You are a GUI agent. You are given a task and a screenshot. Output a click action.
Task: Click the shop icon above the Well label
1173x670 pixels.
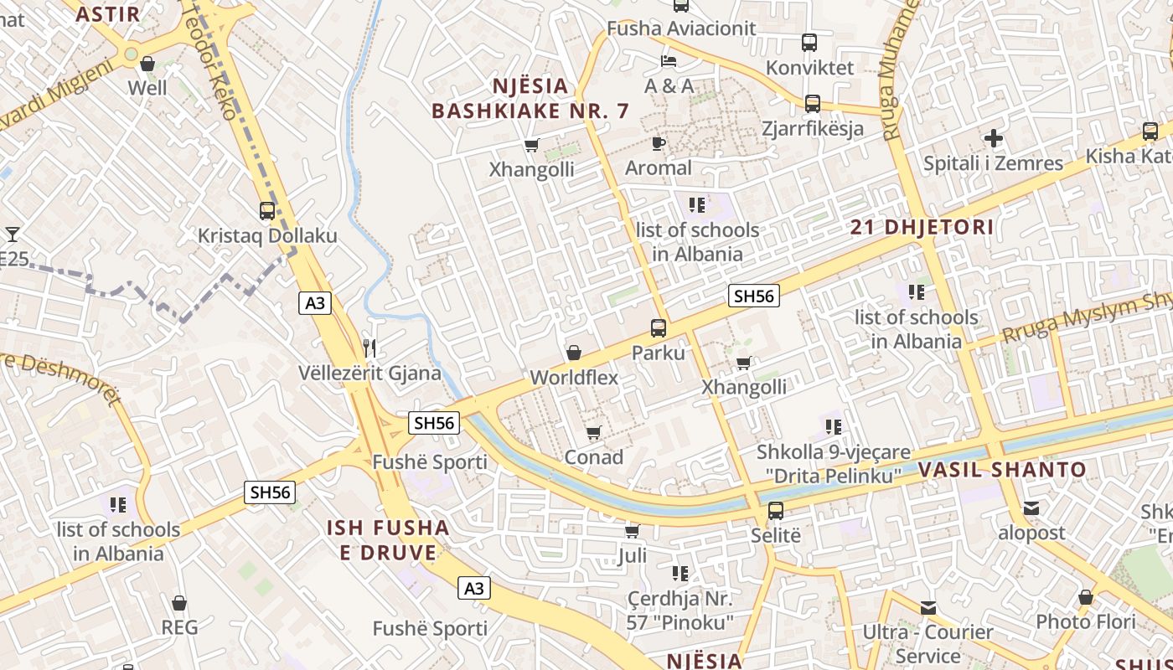pyautogui.click(x=147, y=64)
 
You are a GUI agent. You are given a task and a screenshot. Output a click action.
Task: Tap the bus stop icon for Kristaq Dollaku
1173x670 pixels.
pyautogui.click(x=267, y=211)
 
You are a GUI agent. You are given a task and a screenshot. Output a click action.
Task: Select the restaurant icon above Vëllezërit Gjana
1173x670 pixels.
pyautogui.click(x=369, y=348)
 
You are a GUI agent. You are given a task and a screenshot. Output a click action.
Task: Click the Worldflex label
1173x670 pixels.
pyautogui.click(x=574, y=378)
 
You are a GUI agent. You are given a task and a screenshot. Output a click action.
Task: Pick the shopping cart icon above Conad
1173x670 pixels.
pyautogui.click(x=593, y=433)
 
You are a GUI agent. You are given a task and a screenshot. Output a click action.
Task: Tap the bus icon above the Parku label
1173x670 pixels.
pyautogui.click(x=659, y=328)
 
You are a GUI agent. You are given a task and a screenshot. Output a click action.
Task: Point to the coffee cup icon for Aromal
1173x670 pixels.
pyautogui.click(x=659, y=144)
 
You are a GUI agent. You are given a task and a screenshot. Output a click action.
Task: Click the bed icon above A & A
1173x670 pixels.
pyautogui.click(x=669, y=61)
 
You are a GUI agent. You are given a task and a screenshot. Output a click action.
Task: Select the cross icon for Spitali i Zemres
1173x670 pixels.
pyautogui.click(x=994, y=138)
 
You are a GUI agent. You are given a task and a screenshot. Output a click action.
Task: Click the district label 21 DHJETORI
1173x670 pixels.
pyautogui.click(x=922, y=227)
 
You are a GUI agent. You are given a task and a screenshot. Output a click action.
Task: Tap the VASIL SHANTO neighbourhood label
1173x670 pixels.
pyautogui.click(x=1002, y=470)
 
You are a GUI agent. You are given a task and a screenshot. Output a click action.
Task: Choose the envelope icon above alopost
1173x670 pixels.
pyautogui.click(x=1031, y=508)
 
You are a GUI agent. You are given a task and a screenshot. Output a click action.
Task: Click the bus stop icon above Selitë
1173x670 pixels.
pyautogui.click(x=776, y=511)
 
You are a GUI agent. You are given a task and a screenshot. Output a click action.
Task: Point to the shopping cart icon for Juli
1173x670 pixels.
pyautogui.click(x=632, y=532)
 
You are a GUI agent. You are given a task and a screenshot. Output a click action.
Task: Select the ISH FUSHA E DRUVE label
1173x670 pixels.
pyautogui.click(x=388, y=540)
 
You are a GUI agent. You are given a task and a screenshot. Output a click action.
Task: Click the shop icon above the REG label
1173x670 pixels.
pyautogui.click(x=179, y=603)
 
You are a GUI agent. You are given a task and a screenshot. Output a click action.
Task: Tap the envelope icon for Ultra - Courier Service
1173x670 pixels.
pyautogui.click(x=928, y=608)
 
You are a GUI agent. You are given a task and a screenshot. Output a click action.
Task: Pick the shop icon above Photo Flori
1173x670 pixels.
pyautogui.click(x=1086, y=598)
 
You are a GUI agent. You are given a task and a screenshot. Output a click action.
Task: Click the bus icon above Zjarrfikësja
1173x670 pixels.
pyautogui.click(x=812, y=104)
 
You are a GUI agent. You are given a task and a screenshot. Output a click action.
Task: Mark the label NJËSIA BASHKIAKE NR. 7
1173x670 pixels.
pyautogui.click(x=530, y=98)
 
